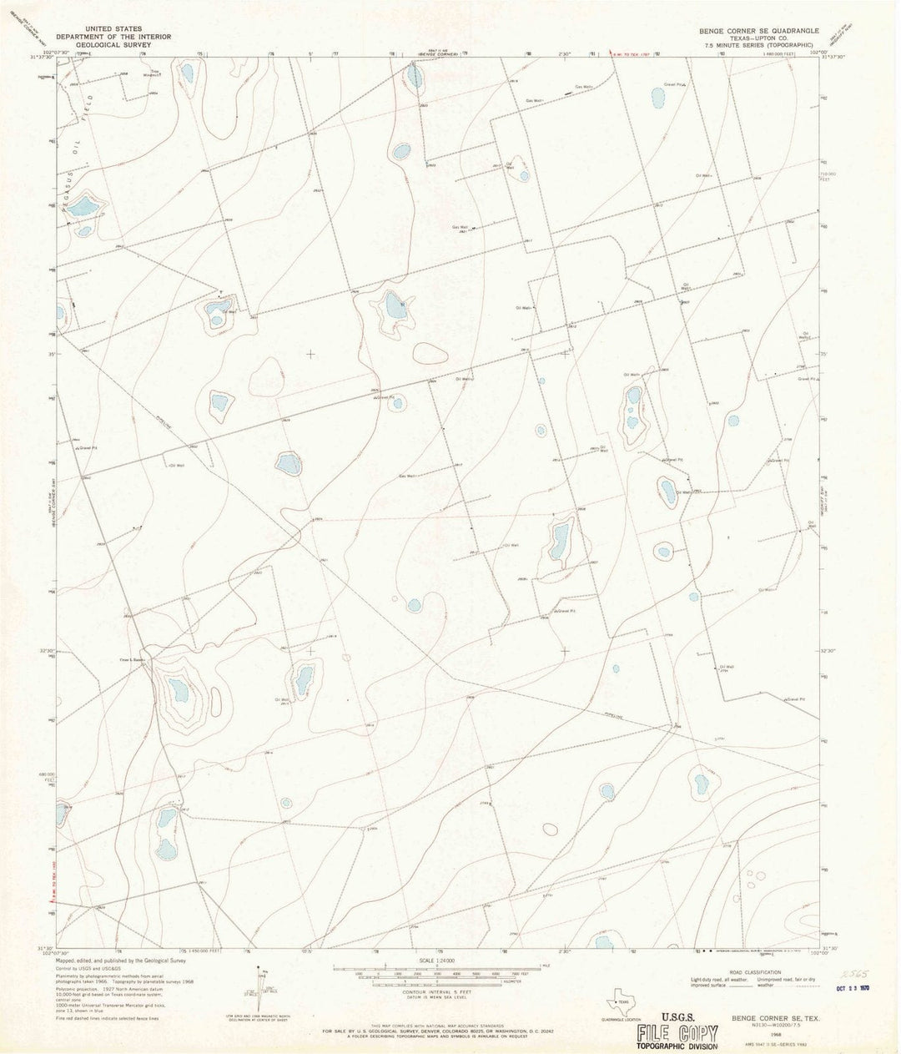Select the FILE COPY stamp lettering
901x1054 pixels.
tap(677, 1033)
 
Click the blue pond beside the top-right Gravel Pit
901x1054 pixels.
tap(658, 98)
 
